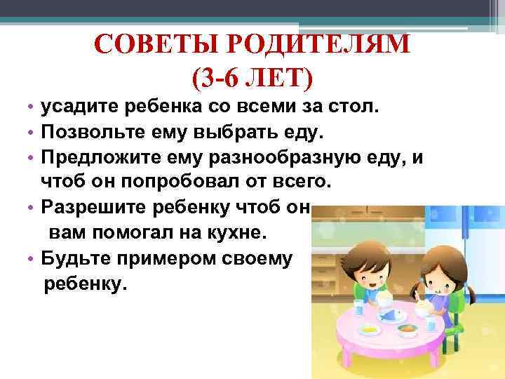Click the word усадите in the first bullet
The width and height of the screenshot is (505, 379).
click(x=77, y=107)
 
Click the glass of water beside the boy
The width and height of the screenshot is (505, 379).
click(x=358, y=306)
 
